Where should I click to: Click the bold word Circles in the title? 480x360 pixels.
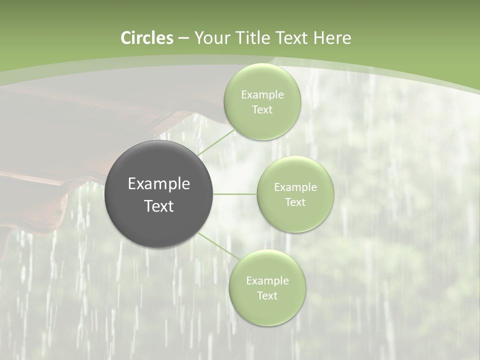146,38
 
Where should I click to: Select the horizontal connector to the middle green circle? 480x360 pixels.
235,194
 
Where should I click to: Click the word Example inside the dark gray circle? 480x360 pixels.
159,184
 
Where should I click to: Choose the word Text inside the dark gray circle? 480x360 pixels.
159,206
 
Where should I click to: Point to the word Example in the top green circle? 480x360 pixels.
262,95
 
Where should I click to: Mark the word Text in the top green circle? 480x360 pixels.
262,110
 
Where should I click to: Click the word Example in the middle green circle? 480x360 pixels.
295,187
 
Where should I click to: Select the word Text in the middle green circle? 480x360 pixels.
295,202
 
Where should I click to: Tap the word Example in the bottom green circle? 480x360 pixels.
267,281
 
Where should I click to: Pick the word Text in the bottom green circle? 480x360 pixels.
267,296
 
